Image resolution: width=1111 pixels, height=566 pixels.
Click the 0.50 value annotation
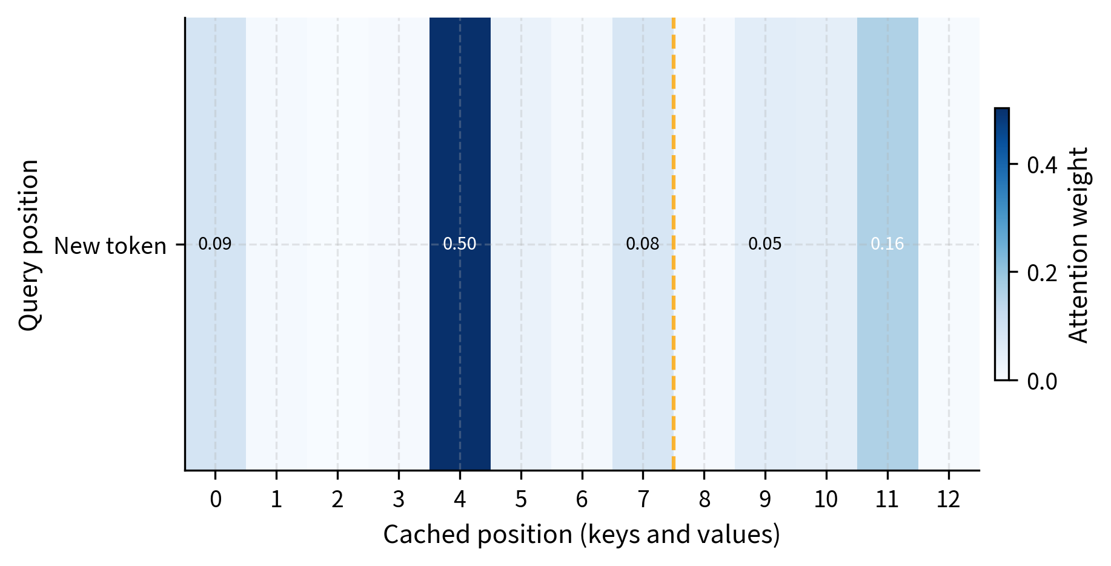459,244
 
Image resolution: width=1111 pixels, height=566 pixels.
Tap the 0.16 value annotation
887,244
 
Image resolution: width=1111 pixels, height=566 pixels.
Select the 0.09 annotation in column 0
215,244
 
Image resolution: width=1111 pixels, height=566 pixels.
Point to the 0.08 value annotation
642,244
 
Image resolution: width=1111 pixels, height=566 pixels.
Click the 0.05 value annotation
764,244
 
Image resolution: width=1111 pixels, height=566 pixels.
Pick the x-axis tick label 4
459,500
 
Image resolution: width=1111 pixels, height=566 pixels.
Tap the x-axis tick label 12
948,500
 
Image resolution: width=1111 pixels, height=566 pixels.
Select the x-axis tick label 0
215,500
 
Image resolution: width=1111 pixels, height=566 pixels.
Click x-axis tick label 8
704,500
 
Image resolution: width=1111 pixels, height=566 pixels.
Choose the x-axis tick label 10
826,500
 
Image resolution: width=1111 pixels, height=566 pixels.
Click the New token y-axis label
110,246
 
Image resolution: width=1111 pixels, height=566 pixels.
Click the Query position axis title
29,245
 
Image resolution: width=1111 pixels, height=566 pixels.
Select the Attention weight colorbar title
1078,245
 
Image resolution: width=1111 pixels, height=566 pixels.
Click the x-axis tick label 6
582,500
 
